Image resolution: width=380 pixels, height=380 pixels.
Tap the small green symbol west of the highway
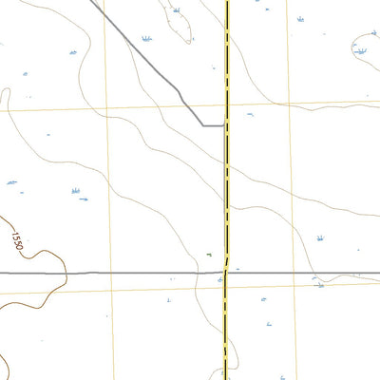point(207,254)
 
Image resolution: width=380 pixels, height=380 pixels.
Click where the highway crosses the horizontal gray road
point(226,273)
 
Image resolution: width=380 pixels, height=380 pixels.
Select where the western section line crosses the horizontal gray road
point(111,274)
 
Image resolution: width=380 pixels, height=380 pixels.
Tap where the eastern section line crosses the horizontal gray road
point(294,273)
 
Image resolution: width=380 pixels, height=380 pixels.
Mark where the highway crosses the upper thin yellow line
point(227,104)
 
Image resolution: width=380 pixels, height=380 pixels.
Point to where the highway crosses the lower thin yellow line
point(225,287)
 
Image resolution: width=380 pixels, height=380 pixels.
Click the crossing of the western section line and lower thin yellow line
point(111,290)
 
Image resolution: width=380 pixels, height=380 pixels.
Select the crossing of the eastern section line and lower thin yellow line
point(295,284)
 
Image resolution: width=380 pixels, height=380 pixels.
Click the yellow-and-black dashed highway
point(227,190)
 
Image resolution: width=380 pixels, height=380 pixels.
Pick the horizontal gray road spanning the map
point(142,274)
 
